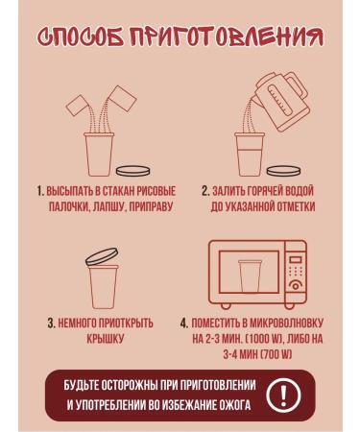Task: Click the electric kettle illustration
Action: point(281,101)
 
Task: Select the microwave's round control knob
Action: point(296,285)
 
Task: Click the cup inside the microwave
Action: point(250,276)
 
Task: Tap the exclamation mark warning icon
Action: point(283,395)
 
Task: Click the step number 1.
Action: point(40,191)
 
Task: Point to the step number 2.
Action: point(205,191)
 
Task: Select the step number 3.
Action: point(51,323)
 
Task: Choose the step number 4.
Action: point(183,323)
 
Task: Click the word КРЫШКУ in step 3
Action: point(105,339)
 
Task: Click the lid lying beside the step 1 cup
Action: point(132,171)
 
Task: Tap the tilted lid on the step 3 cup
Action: point(102,256)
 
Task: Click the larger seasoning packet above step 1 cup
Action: point(123,98)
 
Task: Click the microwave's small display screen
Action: point(296,259)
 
